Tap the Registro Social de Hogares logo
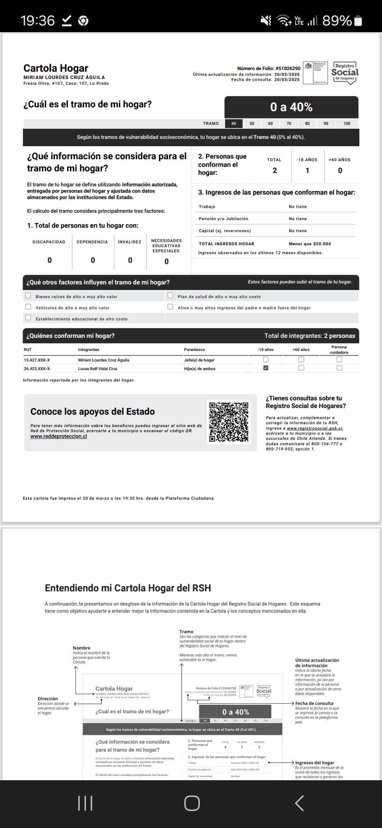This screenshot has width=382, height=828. pyautogui.click(x=345, y=73)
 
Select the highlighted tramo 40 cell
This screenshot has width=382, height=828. pyautogui.click(x=233, y=123)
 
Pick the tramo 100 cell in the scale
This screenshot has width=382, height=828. pyautogui.click(x=347, y=123)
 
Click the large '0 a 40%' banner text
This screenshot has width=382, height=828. pyautogui.click(x=291, y=107)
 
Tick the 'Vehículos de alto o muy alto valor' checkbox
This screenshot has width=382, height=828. pyautogui.click(x=28, y=307)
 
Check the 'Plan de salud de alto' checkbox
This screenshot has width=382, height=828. pyautogui.click(x=170, y=295)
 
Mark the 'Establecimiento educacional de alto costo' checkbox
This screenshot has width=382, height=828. pyautogui.click(x=28, y=318)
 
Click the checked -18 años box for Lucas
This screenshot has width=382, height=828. pyautogui.click(x=266, y=368)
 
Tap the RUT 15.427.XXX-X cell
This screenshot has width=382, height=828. pyautogui.click(x=37, y=360)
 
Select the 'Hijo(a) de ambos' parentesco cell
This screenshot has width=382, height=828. pyautogui.click(x=199, y=369)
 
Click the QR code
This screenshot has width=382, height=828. pyautogui.click(x=229, y=422)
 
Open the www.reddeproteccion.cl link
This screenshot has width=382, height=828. pyautogui.click(x=59, y=436)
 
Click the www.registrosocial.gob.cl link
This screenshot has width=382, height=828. pyautogui.click(x=314, y=428)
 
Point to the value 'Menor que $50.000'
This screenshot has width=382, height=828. pyautogui.click(x=309, y=244)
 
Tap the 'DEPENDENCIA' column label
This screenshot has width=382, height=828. pyautogui.click(x=92, y=242)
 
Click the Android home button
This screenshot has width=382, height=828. pyautogui.click(x=192, y=803)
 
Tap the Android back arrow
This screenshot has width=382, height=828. pyautogui.click(x=299, y=803)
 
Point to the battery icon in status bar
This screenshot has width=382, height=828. pyautogui.click(x=358, y=21)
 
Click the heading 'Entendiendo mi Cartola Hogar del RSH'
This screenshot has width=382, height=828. pyautogui.click(x=128, y=588)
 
